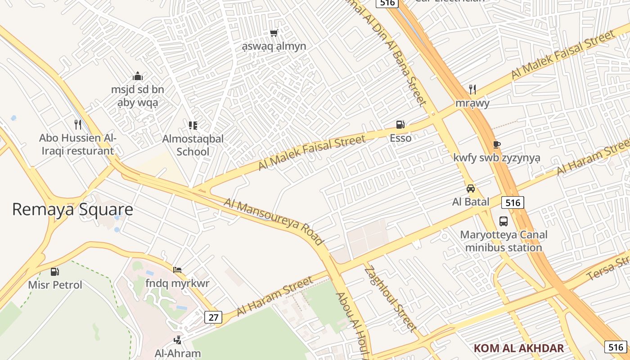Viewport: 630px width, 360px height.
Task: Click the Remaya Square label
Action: coord(72,210)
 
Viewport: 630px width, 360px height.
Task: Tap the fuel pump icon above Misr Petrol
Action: coord(55,271)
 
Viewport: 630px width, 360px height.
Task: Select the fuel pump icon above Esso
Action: coord(400,125)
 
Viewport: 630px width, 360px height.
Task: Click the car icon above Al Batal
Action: coord(470,189)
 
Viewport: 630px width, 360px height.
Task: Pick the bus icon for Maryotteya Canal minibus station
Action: coord(503,221)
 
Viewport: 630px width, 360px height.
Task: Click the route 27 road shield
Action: coord(213,317)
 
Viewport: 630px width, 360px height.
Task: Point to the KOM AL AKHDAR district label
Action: coord(518,348)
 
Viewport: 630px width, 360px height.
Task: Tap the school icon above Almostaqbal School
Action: coord(193,125)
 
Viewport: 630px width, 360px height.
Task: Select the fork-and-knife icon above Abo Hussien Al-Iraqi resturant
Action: coord(78,124)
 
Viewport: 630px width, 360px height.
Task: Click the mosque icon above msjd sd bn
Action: coord(138,76)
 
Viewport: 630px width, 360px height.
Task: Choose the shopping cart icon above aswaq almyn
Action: coord(274,33)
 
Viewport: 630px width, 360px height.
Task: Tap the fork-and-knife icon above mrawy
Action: coord(472,89)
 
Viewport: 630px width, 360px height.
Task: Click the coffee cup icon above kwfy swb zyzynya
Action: coord(496,144)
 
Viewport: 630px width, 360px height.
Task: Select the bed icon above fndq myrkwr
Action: coord(177,270)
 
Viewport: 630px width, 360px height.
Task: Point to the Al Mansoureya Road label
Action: coord(274,222)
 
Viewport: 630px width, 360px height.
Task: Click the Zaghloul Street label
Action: coord(390,299)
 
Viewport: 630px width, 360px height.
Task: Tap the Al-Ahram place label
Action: coord(178,353)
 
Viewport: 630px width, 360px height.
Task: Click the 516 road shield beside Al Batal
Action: coord(513,202)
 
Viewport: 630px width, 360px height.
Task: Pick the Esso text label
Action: coord(400,138)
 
